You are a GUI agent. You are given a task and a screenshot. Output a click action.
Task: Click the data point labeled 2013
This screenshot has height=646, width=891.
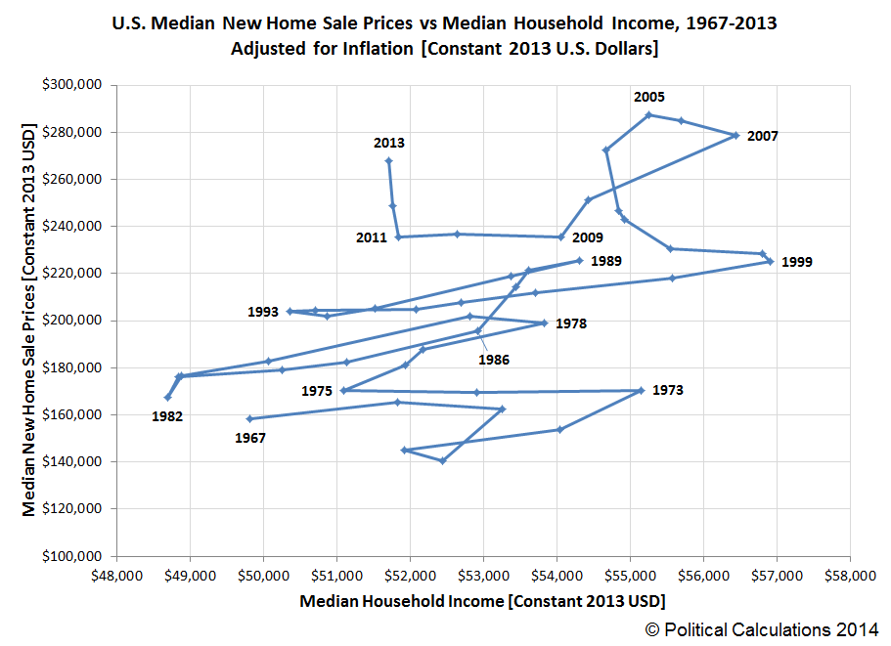click(x=388, y=160)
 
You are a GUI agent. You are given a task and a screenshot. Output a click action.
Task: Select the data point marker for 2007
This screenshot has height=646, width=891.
click(x=735, y=135)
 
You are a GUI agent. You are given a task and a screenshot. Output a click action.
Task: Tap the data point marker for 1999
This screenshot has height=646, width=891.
click(x=770, y=261)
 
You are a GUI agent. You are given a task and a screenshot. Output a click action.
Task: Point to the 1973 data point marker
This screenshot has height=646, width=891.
click(x=641, y=390)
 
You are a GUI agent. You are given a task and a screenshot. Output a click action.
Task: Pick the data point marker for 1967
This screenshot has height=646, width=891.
click(x=249, y=418)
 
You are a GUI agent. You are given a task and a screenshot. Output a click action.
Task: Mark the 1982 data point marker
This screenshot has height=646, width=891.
click(x=167, y=397)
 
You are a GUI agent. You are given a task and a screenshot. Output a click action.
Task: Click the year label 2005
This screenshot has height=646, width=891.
click(x=649, y=97)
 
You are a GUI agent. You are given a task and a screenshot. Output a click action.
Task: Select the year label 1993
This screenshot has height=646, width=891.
click(x=263, y=312)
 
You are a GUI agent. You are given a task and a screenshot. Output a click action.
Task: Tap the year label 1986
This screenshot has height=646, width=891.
click(x=494, y=360)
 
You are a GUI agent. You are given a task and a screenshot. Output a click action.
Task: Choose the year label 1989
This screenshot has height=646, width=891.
click(x=606, y=261)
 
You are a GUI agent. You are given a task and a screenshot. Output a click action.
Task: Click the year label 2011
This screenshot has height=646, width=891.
click(x=371, y=237)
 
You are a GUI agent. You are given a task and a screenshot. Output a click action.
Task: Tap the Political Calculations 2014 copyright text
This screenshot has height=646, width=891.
click(x=762, y=628)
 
